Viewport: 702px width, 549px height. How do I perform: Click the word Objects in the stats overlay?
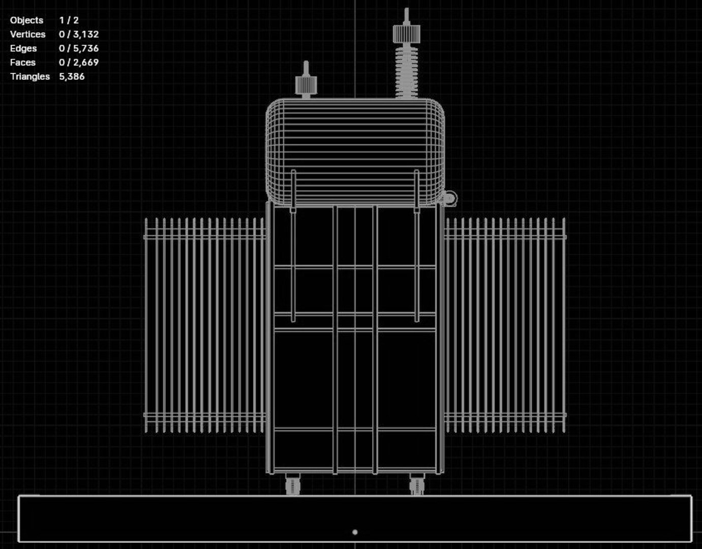pyautogui.click(x=26, y=20)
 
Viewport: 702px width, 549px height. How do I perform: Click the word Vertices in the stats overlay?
pyautogui.click(x=27, y=35)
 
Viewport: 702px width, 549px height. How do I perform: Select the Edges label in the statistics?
pyautogui.click(x=23, y=48)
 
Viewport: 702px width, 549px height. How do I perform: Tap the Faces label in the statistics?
pyautogui.click(x=23, y=63)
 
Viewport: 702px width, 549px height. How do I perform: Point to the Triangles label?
pyautogui.click(x=29, y=76)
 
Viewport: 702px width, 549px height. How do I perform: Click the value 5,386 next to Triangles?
pyautogui.click(x=72, y=76)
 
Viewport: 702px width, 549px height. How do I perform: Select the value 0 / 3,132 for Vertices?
pyautogui.click(x=79, y=35)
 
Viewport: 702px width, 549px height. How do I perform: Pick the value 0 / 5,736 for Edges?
pyautogui.click(x=79, y=48)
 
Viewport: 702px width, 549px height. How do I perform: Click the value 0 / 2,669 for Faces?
pyautogui.click(x=79, y=63)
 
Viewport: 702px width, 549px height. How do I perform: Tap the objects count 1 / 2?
pyautogui.click(x=69, y=20)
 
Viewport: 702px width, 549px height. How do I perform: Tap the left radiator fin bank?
pyautogui.click(x=205, y=325)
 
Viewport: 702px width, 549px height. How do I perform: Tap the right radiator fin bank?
pyautogui.click(x=505, y=325)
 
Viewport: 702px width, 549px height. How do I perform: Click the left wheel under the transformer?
pyautogui.click(x=293, y=485)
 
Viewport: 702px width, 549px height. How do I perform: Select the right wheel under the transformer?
pyautogui.click(x=417, y=485)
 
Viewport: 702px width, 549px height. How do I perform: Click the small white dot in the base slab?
pyautogui.click(x=355, y=532)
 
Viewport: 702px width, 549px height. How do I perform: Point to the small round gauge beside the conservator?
pyautogui.click(x=450, y=198)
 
